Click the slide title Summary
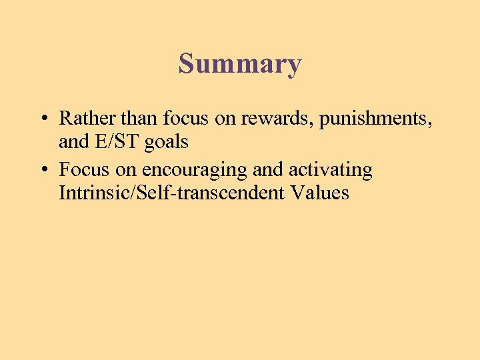pyautogui.click(x=240, y=65)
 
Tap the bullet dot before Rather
pyautogui.click(x=43, y=119)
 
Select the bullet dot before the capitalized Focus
pyautogui.click(x=43, y=170)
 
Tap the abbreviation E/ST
pyautogui.click(x=118, y=141)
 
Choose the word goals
pyautogui.click(x=167, y=143)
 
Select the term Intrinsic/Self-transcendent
pyautogui.click(x=171, y=193)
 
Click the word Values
pyautogui.click(x=319, y=193)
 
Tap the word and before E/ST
pyautogui.click(x=73, y=141)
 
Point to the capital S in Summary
pyautogui.click(x=187, y=63)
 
